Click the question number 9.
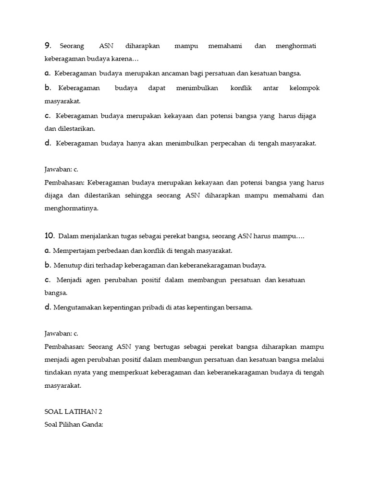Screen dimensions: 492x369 click(x=48, y=46)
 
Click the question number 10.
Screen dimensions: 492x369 click(x=49, y=236)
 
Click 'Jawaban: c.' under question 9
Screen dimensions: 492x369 click(x=61, y=170)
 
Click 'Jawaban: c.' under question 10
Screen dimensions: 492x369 click(x=61, y=332)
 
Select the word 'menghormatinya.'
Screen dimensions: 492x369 click(x=71, y=209)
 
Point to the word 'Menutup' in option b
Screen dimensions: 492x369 click(x=66, y=265)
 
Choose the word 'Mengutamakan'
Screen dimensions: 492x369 click(x=76, y=308)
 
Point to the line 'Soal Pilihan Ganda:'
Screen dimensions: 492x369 click(x=74, y=425)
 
